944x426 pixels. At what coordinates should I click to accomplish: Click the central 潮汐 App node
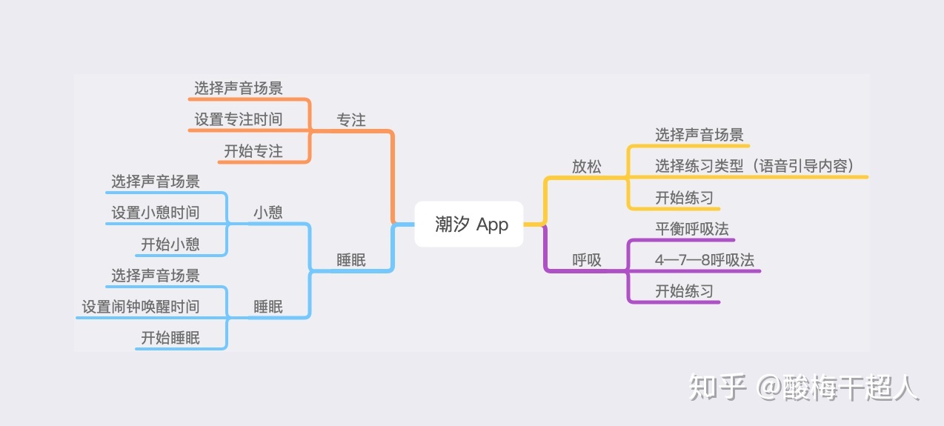click(471, 224)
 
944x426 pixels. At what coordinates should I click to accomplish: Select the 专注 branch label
click(351, 119)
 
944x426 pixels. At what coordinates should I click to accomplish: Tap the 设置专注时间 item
click(239, 119)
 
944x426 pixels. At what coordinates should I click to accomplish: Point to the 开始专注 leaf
click(253, 151)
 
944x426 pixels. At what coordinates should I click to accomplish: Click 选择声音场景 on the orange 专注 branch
click(239, 88)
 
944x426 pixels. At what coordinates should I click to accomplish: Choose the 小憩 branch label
click(268, 213)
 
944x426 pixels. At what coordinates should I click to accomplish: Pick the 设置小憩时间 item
click(156, 213)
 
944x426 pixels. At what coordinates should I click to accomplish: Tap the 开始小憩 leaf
click(170, 244)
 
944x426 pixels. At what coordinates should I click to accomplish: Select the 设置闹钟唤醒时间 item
click(141, 307)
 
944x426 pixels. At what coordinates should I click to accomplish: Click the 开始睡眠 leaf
click(170, 339)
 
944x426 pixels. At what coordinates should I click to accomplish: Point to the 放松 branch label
click(587, 166)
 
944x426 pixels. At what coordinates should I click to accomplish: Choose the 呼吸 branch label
click(587, 260)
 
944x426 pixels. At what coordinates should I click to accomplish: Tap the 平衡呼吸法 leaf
click(692, 228)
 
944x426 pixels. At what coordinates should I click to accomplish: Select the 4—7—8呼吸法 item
click(705, 260)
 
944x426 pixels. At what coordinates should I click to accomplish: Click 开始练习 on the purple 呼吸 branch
click(684, 291)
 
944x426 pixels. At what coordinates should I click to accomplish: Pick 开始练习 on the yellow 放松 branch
click(684, 198)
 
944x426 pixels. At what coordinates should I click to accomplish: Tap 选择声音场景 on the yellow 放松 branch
click(699, 135)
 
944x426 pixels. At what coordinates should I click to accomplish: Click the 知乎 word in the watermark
click(717, 387)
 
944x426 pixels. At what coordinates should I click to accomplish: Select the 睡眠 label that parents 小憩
click(351, 260)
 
